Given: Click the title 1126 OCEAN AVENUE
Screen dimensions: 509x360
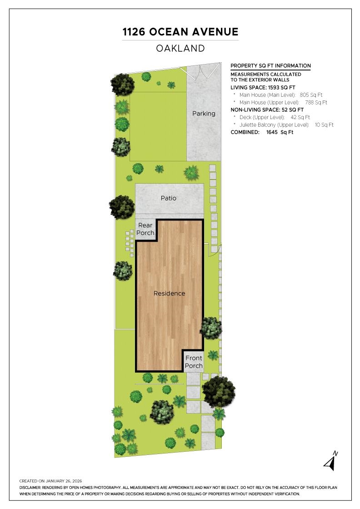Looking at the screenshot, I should click(x=180, y=32).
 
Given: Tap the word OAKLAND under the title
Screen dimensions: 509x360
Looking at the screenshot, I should click(x=180, y=48).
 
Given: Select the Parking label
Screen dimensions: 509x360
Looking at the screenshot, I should click(x=204, y=114).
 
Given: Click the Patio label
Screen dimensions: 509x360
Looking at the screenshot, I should click(x=168, y=198).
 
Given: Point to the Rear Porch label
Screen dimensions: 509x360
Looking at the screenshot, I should click(x=145, y=229).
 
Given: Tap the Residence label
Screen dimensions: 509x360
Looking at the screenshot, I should click(x=169, y=293).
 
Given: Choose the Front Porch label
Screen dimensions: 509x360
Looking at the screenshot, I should click(x=194, y=362).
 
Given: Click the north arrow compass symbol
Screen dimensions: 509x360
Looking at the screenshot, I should click(x=331, y=461).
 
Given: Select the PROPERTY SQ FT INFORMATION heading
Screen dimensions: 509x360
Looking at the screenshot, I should click(x=270, y=66).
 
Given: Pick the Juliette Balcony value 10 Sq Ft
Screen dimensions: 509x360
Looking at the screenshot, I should click(x=324, y=125).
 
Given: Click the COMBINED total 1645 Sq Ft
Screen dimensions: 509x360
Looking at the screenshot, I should click(x=280, y=132).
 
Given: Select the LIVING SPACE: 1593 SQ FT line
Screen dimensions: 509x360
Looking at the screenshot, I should click(x=263, y=87).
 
